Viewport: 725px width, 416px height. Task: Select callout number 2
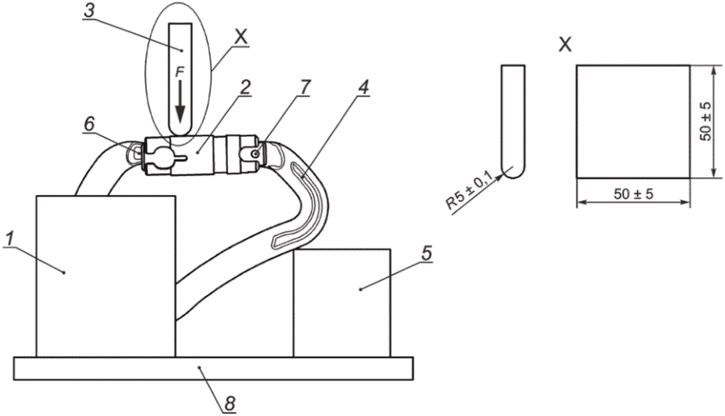(x=244, y=87)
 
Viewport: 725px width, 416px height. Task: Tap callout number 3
(x=89, y=11)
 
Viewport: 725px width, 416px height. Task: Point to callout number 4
(x=364, y=87)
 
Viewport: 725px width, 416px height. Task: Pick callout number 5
(x=427, y=253)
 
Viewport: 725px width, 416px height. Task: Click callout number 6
(x=89, y=124)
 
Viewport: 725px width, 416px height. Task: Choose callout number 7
(x=305, y=87)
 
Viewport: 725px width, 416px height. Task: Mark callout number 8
(x=230, y=404)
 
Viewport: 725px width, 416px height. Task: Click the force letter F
(x=180, y=72)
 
